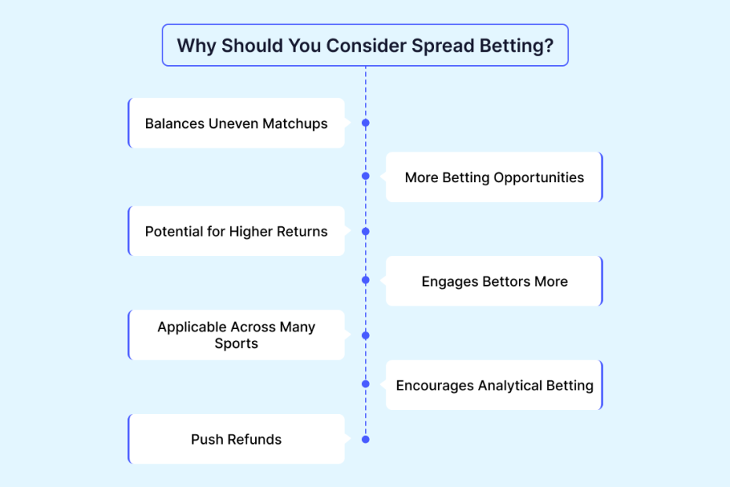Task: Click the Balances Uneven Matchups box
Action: [x=236, y=123]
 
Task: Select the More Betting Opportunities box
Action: [x=495, y=177]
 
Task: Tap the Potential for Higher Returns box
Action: [x=236, y=231]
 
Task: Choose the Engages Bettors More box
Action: [x=495, y=281]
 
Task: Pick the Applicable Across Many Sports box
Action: [x=236, y=335]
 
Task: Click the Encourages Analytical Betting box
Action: [x=495, y=385]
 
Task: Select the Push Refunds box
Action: [x=236, y=439]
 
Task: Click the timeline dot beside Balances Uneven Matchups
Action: [x=366, y=123]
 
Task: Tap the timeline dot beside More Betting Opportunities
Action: [x=366, y=176]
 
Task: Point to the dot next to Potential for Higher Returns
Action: [x=366, y=232]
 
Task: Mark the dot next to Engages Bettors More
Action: [x=366, y=280]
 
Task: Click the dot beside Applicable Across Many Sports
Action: [x=366, y=335]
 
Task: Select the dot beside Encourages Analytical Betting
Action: [x=366, y=384]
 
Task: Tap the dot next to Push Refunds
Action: [x=366, y=439]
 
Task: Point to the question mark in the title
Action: [x=549, y=46]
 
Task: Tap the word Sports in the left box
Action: [x=236, y=343]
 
